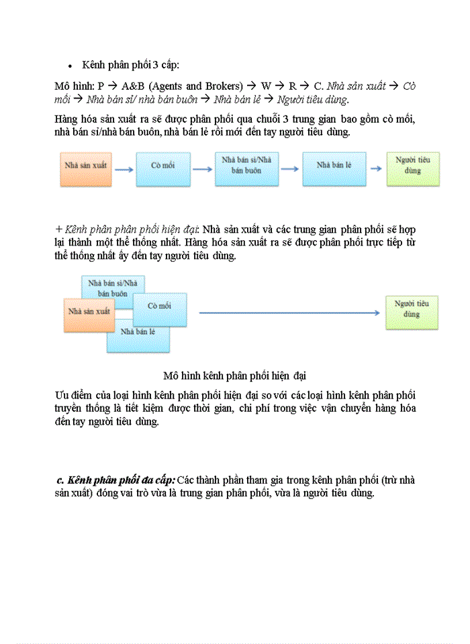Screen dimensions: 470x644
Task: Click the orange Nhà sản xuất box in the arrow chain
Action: click(83, 169)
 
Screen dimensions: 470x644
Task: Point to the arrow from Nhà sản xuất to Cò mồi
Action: click(124, 170)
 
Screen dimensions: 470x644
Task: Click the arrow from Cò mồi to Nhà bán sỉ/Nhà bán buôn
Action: click(202, 170)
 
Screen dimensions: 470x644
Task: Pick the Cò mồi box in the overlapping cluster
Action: click(160, 309)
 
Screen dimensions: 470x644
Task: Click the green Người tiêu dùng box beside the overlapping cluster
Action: click(412, 312)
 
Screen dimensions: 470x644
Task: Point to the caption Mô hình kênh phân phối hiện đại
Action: click(234, 374)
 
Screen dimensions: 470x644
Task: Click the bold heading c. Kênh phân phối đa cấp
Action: click(116, 480)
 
